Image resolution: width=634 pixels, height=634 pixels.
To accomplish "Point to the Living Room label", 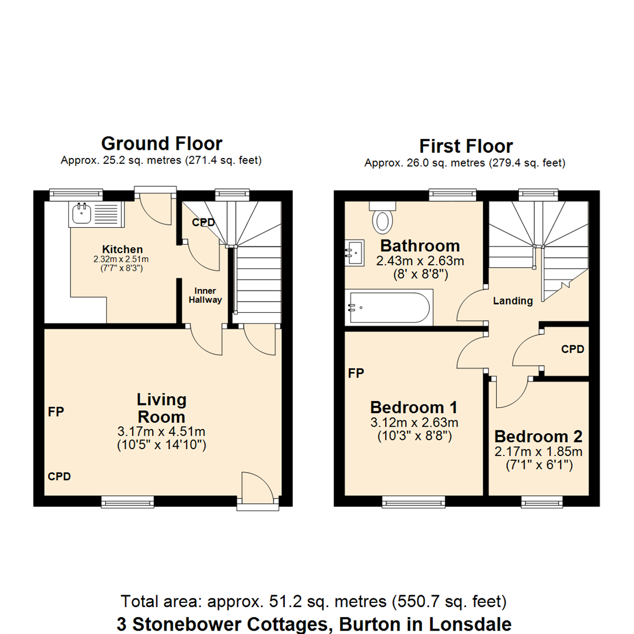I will (x=161, y=408).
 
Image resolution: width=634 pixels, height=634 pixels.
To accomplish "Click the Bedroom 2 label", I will (x=538, y=437).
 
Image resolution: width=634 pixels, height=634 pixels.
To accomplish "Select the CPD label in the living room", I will (x=59, y=477).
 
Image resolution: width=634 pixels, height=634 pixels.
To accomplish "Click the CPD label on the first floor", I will (x=572, y=349).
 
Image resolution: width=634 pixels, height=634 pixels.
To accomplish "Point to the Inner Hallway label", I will (x=208, y=295).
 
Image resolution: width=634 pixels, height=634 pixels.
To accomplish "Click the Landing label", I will (x=512, y=301).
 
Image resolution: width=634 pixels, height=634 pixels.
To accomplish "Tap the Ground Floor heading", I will (x=161, y=143).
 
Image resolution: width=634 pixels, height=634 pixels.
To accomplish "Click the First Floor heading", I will (x=466, y=146).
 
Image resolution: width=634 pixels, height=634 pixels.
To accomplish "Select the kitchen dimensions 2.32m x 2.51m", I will (x=122, y=259).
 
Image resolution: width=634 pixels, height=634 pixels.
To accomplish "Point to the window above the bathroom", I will (x=452, y=194).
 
